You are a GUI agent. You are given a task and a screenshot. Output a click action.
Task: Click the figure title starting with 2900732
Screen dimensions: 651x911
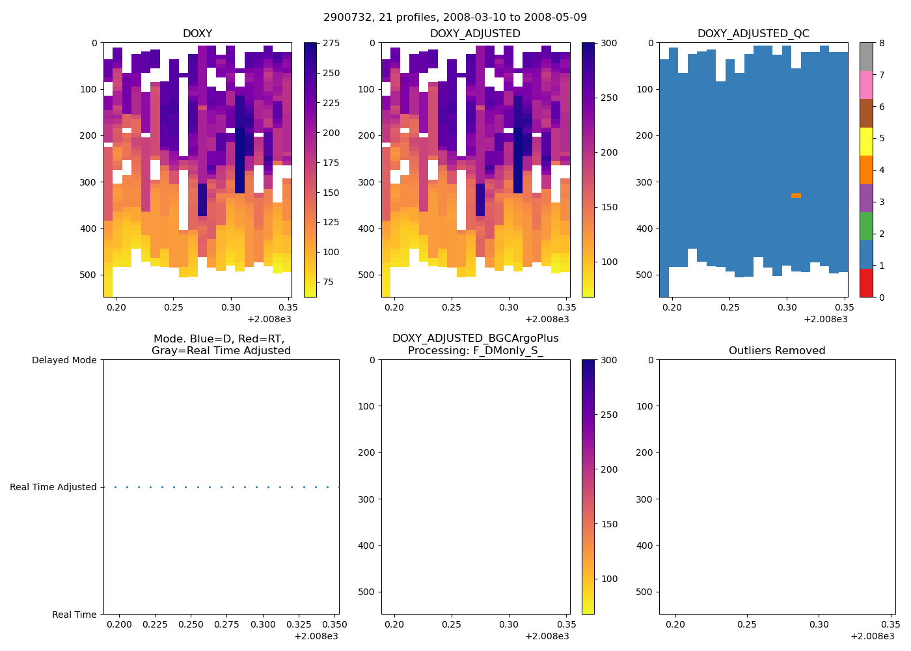point(455,17)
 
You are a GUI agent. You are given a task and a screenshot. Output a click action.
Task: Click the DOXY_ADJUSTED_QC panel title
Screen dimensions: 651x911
point(753,34)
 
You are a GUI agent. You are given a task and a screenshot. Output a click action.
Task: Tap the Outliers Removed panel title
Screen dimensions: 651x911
point(776,351)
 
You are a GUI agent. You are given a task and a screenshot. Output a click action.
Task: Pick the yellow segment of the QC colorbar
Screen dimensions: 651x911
point(865,141)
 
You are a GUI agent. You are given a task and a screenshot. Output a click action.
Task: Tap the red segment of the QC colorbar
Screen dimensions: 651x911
point(865,283)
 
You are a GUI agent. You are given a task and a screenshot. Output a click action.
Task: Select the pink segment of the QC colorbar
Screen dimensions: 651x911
point(865,85)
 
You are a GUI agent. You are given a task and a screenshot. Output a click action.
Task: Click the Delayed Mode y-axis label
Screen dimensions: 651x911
point(64,360)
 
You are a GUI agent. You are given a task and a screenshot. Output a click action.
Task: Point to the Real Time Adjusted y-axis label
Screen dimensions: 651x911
point(53,487)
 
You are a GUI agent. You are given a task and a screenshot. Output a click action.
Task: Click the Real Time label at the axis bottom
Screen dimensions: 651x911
point(74,615)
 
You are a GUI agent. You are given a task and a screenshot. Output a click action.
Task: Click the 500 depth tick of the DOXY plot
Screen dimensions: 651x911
point(90,275)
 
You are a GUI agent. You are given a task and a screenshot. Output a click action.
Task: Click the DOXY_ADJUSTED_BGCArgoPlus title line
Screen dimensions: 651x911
point(475,339)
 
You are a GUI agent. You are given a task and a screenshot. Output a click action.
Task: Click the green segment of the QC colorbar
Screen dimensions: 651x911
point(865,226)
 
